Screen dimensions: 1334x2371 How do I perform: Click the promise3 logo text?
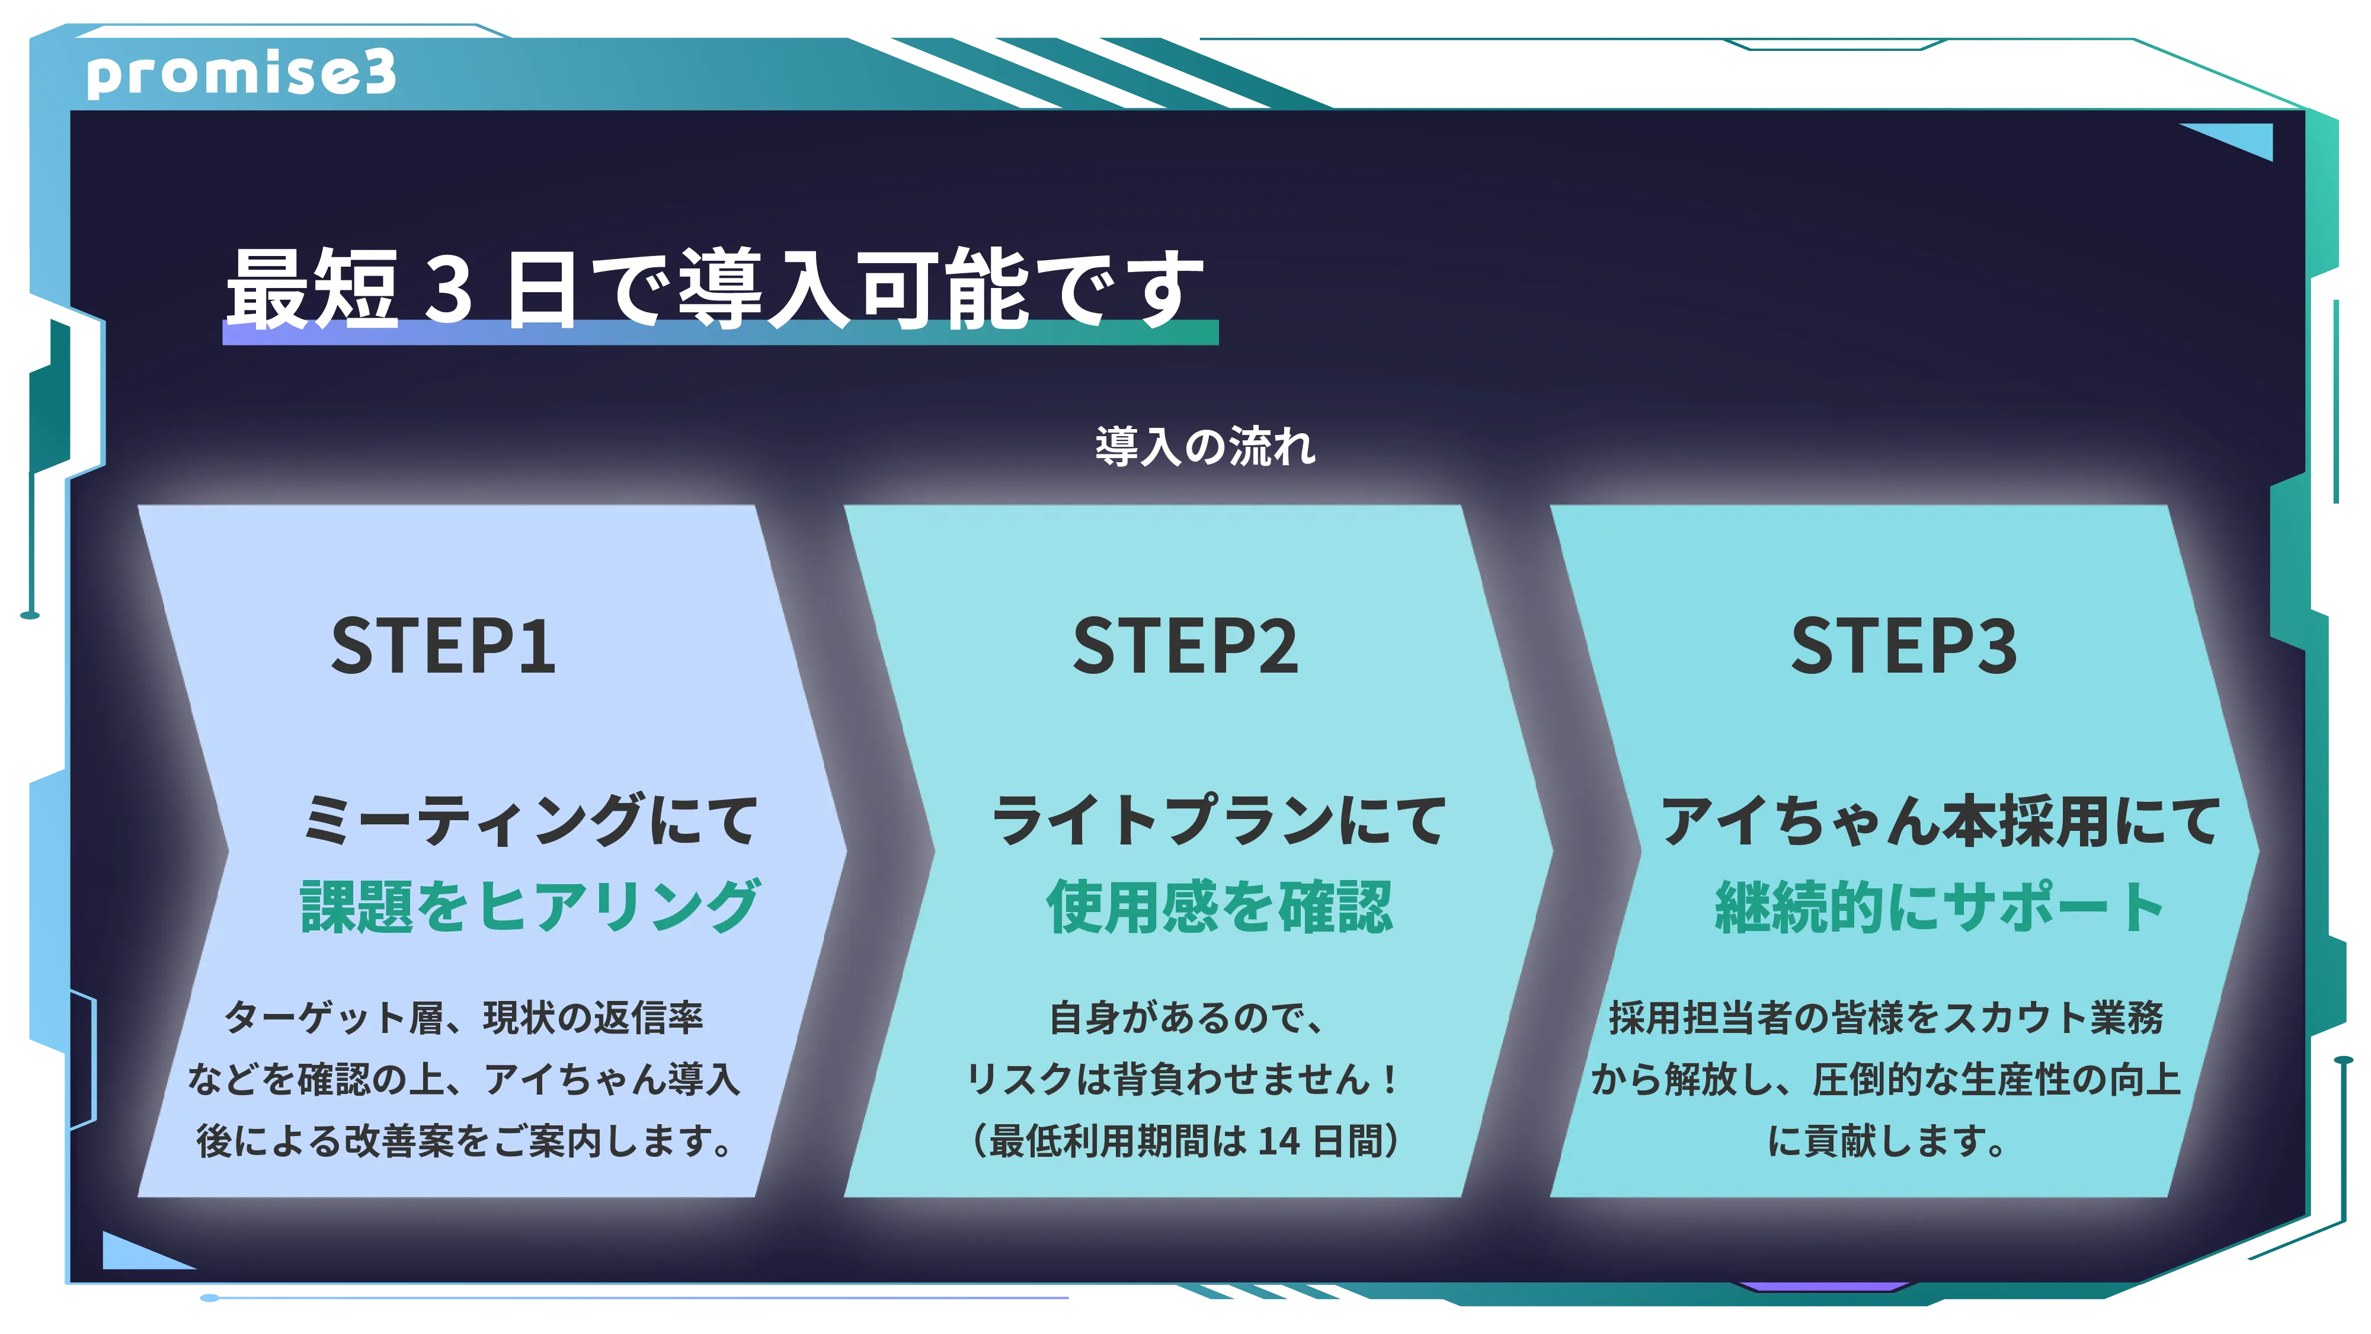[241, 73]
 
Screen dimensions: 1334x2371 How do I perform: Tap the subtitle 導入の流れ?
[1205, 446]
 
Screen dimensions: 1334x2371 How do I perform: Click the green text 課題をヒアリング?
[530, 907]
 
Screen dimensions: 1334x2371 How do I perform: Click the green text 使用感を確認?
[1220, 907]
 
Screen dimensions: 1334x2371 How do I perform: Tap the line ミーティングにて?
[530, 820]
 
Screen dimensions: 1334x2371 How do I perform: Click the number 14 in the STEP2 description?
[1279, 1141]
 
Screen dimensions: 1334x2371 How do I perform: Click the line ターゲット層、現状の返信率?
[464, 1018]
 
